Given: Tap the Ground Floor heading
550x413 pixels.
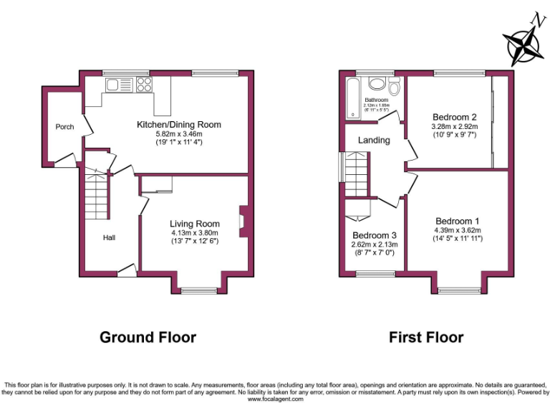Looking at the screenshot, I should point(147,336).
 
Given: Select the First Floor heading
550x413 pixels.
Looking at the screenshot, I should point(425,336).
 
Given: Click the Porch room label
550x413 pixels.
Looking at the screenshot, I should point(64,127).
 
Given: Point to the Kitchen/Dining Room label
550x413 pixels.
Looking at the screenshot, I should point(179,124).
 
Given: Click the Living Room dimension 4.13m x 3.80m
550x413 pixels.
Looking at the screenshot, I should point(193,232).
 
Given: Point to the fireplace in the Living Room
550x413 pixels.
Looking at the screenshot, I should point(243,221).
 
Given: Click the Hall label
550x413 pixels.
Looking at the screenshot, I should point(110,237).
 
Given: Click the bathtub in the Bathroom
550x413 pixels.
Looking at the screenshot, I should point(352,99).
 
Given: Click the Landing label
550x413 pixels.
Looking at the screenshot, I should point(374,140).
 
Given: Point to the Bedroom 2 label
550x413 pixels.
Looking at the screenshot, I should point(454,117).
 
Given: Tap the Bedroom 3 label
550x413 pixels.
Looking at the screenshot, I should point(374,235).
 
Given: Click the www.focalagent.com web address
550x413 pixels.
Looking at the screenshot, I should point(275,399).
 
